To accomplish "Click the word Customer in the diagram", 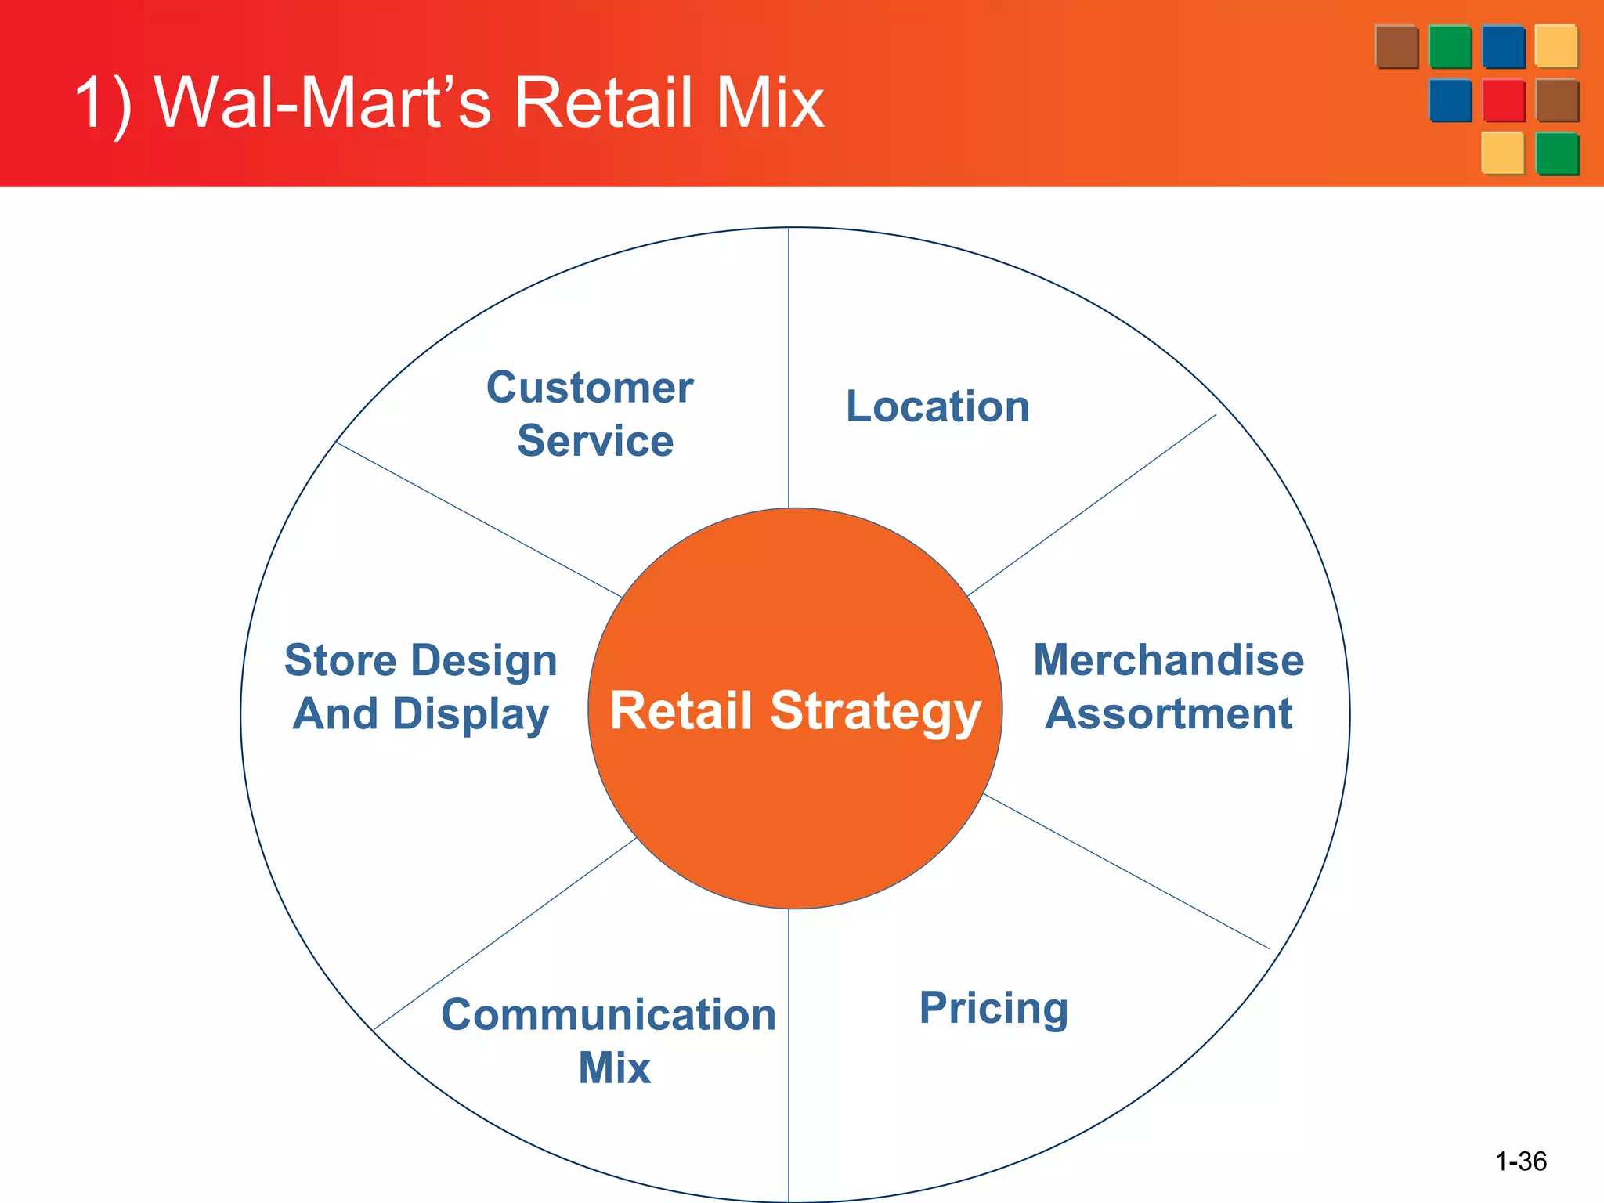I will (590, 388).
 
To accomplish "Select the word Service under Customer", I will (595, 440).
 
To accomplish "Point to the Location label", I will (937, 406).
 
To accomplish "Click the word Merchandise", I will (1169, 659).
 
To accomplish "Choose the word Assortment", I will (1169, 713).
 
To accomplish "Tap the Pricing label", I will (993, 1008).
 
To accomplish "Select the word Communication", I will (609, 1015).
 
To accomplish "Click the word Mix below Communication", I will (614, 1068).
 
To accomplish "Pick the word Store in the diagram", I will (340, 660).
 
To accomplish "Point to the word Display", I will (471, 715).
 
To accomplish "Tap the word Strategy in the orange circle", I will (876, 712).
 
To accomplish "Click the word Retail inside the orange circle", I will (681, 710).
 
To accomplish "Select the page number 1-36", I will (1520, 1161).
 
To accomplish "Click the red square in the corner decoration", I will (1504, 100).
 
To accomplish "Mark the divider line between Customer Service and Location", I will (789, 368).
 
